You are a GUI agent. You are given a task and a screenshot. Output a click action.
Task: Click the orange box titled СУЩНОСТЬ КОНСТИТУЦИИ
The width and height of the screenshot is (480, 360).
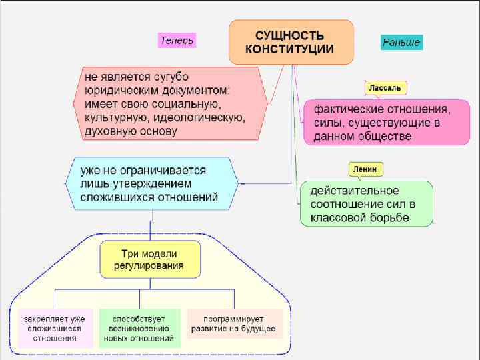pos(291,41)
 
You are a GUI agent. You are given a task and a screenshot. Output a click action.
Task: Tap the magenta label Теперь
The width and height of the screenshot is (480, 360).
pos(177,41)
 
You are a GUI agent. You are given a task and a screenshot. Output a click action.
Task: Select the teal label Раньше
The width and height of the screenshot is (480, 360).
pos(401,43)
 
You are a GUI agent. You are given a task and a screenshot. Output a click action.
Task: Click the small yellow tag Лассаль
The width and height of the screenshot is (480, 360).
pos(385,88)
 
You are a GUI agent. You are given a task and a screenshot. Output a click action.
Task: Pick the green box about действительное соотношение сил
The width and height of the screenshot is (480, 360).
pos(365,203)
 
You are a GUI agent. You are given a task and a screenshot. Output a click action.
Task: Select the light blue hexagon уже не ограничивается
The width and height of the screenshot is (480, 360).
pos(151,184)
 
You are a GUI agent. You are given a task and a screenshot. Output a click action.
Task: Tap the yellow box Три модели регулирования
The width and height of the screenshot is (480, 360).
pos(150,260)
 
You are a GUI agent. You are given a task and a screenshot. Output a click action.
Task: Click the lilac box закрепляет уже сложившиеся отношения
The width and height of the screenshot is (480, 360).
pos(55,329)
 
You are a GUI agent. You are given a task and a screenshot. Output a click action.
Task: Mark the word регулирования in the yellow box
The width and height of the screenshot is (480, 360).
pos(149,267)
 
